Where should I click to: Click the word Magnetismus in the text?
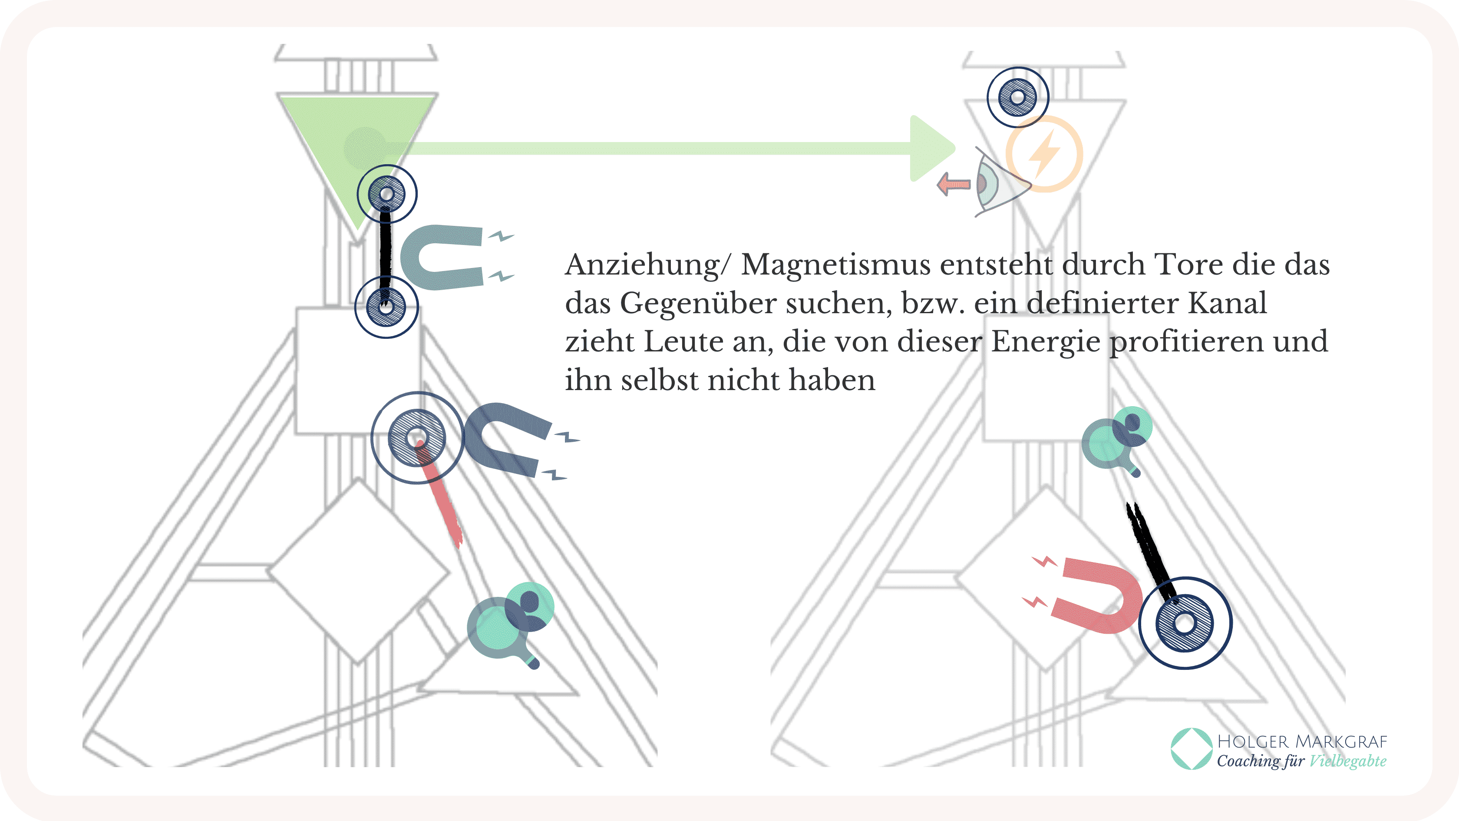coord(835,265)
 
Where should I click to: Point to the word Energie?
coord(1046,342)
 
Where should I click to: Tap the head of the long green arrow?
coord(930,149)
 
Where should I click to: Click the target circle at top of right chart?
coord(1017,97)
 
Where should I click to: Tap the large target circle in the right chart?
coord(1184,622)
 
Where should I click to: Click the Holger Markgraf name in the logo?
coord(1301,742)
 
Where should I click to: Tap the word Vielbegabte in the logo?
coord(1347,761)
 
